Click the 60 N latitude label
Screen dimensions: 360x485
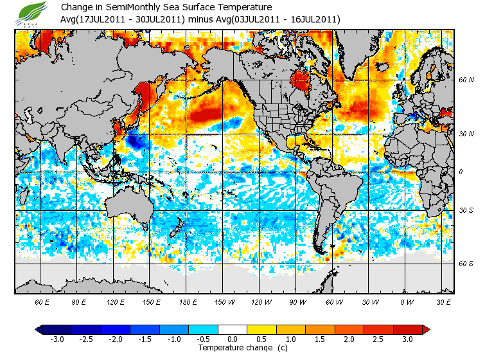pos(466,81)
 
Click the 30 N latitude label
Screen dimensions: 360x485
pos(466,134)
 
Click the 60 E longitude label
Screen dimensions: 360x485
pos(42,302)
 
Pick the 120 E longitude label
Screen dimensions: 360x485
pos(116,302)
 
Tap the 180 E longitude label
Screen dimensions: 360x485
pos(188,302)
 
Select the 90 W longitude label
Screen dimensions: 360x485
pos(297,302)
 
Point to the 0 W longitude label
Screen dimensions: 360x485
pos(407,302)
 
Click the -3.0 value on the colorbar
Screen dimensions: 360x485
pos(57,339)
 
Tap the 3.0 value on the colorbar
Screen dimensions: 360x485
pos(408,339)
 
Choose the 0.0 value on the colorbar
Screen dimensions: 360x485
pos(233,339)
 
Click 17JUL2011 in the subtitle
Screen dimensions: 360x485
pos(98,19)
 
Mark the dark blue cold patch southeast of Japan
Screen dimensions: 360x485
pos(136,142)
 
